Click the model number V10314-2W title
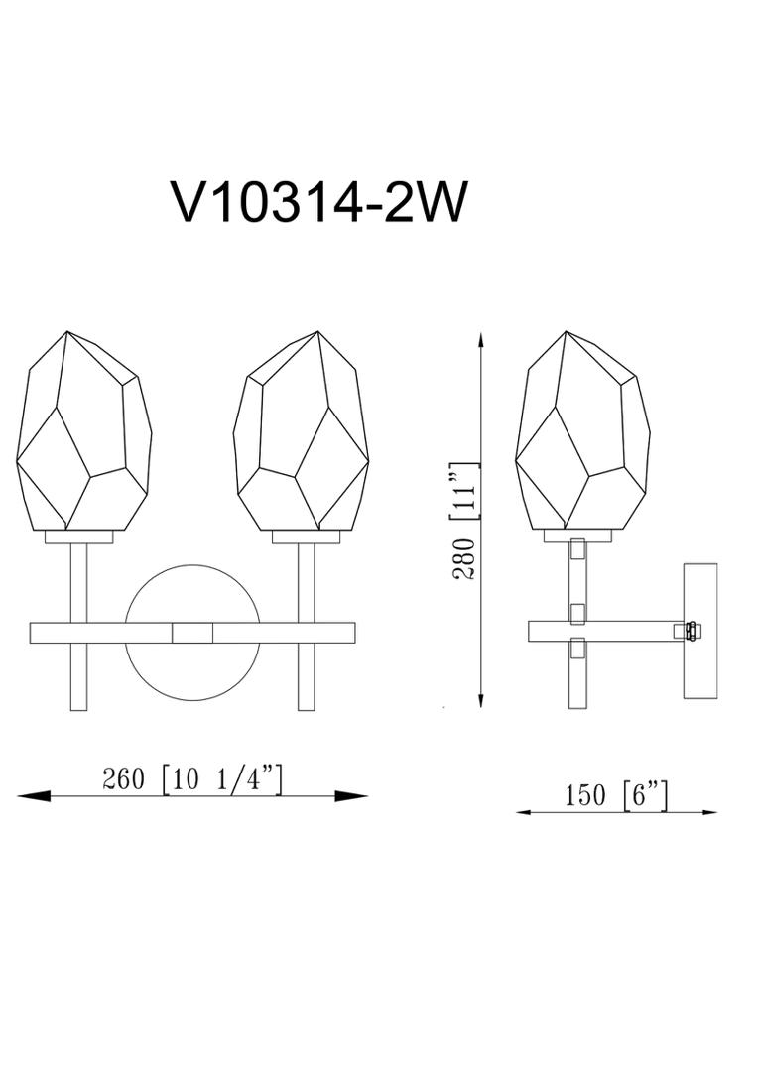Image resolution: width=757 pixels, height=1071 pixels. pyautogui.click(x=320, y=201)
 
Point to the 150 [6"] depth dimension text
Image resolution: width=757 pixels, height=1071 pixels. pyautogui.click(x=615, y=795)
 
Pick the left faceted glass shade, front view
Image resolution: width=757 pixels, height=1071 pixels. pyautogui.click(x=83, y=431)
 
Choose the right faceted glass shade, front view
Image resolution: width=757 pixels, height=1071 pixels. pyautogui.click(x=301, y=431)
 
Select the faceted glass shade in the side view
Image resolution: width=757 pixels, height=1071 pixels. pyautogui.click(x=582, y=431)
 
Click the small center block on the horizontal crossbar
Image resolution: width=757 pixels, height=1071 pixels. pyautogui.click(x=192, y=633)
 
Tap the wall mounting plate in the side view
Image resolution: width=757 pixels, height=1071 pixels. pyautogui.click(x=700, y=631)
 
